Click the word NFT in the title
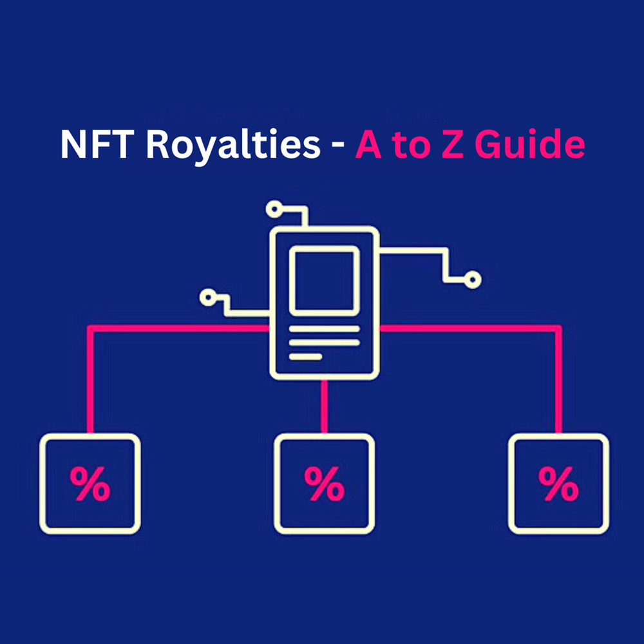[97, 145]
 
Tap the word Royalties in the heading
[232, 146]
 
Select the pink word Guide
[532, 146]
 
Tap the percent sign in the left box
[90, 484]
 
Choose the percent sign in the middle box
[324, 484]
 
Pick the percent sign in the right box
[558, 484]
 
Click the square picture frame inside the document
[324, 281]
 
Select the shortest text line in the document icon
[305, 356]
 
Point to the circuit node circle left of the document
[207, 297]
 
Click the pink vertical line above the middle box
[324, 406]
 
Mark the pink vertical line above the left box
[90, 380]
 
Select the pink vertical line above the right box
[558, 380]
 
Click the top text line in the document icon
[324, 328]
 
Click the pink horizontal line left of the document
[180, 328]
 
